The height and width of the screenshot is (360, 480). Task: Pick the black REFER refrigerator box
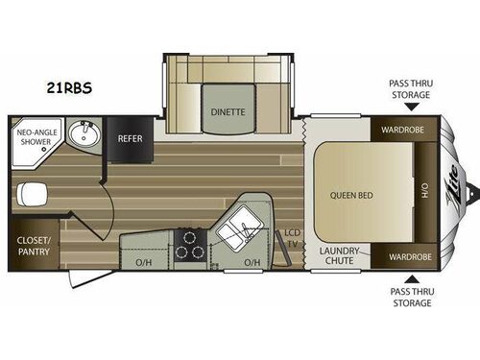pyautogui.click(x=130, y=138)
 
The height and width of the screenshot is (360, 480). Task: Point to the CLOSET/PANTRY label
pyautogui.click(x=35, y=246)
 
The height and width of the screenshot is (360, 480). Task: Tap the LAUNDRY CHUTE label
pyautogui.click(x=339, y=256)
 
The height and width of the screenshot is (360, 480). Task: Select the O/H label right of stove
pyautogui.click(x=253, y=262)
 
